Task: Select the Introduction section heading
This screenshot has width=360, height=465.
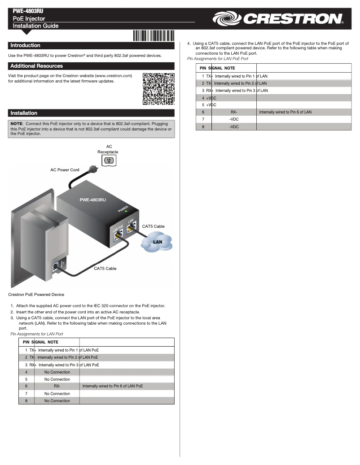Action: (25, 45)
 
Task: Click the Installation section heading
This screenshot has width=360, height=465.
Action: (24, 113)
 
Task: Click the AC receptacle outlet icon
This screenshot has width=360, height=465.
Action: (108, 160)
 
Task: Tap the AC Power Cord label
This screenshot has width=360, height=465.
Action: (65, 170)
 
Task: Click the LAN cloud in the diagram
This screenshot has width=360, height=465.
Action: (157, 243)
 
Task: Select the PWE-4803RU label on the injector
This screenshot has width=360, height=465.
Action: (93, 200)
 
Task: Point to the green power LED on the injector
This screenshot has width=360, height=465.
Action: (127, 211)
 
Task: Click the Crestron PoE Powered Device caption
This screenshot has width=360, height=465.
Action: (36, 295)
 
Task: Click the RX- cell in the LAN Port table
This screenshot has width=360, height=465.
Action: (57, 386)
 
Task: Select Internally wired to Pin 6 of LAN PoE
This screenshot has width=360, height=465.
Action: (113, 386)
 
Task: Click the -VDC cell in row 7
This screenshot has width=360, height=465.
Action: (233, 120)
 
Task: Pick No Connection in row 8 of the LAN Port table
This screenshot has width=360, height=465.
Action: (57, 401)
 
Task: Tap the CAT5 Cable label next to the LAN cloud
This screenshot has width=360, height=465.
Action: (153, 226)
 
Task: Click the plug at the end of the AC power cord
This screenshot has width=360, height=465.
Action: (94, 169)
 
